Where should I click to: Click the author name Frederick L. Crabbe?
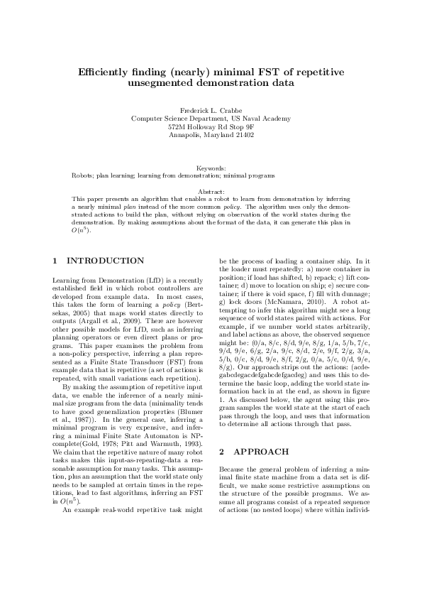click(x=211, y=111)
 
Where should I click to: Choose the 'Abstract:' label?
click(x=211, y=192)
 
